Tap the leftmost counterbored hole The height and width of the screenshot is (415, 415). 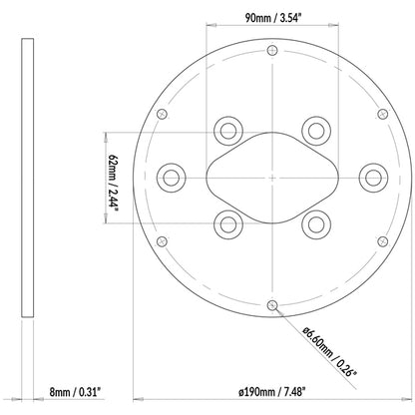click(172, 177)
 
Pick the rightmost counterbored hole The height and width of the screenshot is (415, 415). click(373, 177)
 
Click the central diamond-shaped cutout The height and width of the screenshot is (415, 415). click(272, 177)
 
